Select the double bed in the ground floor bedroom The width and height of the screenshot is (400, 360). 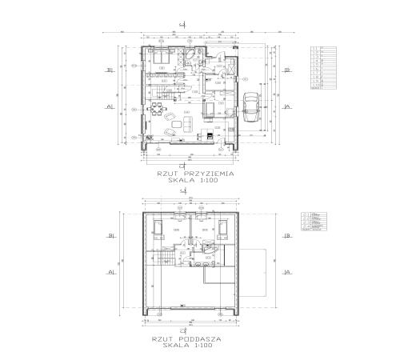159,58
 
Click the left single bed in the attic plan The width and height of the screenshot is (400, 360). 159,227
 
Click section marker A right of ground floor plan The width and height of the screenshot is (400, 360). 286,106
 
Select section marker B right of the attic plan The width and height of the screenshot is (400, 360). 286,236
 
